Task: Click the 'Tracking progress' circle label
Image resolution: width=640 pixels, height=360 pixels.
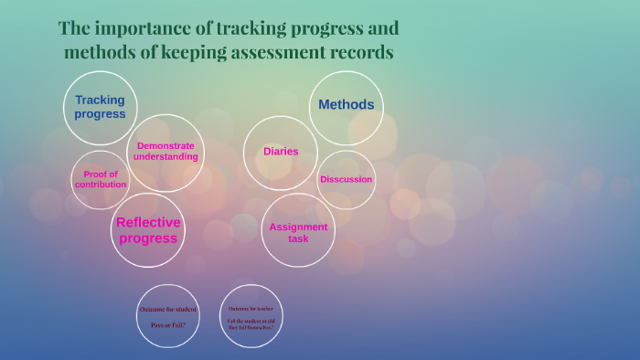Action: [100, 107]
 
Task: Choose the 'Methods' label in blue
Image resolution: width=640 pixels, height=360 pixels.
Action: [346, 104]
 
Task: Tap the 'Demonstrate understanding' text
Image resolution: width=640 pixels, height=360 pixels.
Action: [165, 151]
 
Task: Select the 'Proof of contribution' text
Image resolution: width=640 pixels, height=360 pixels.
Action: [101, 179]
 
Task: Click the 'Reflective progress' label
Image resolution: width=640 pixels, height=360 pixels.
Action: [148, 230]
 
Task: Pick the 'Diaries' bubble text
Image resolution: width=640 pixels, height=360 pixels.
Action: [281, 152]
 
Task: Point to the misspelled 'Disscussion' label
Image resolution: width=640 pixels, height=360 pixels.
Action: [346, 179]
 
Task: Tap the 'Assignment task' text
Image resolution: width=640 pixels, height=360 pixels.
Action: [298, 232]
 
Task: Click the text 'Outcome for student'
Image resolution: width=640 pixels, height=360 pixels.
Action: [167, 309]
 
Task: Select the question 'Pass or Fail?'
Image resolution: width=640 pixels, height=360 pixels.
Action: [167, 324]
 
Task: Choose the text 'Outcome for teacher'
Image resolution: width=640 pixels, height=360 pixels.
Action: [251, 309]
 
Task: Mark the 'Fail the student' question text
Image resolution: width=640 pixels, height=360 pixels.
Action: [251, 323]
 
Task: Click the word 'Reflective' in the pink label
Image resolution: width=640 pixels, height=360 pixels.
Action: [148, 222]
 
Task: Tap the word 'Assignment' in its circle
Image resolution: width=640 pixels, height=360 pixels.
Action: [298, 227]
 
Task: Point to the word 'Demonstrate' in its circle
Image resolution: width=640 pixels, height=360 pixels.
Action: [165, 145]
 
